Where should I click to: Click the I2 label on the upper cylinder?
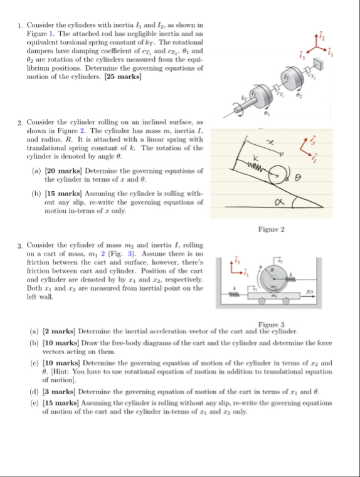(x=286, y=77)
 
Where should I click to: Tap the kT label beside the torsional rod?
(x=244, y=98)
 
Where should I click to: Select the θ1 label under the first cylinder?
(x=267, y=113)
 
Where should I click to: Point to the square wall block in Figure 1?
(x=317, y=64)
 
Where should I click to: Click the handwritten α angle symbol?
(x=278, y=202)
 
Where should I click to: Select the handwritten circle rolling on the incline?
(x=278, y=175)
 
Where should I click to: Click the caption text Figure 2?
(x=272, y=229)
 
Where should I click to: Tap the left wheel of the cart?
(x=261, y=301)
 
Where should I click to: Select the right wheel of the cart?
(x=286, y=301)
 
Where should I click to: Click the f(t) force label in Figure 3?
(x=309, y=291)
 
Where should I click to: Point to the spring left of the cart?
(x=234, y=294)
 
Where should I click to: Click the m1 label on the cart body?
(x=274, y=295)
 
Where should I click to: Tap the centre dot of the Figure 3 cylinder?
(x=274, y=278)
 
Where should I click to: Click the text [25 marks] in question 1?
(x=123, y=76)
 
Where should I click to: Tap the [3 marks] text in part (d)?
(x=59, y=392)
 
